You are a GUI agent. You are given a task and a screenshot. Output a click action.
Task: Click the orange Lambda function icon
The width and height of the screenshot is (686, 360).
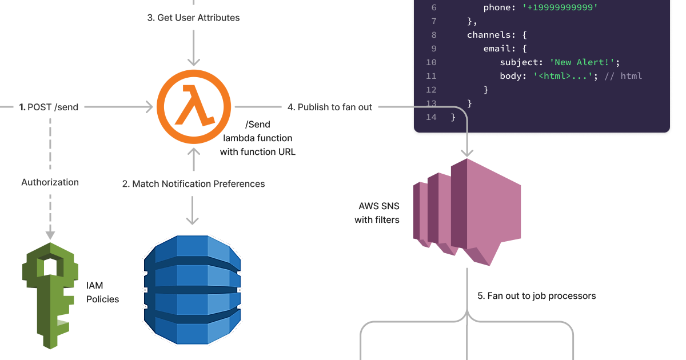click(194, 107)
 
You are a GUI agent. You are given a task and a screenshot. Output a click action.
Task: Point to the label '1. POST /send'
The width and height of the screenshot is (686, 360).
click(49, 107)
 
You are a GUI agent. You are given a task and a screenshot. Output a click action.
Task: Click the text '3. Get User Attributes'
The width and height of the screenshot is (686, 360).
click(193, 18)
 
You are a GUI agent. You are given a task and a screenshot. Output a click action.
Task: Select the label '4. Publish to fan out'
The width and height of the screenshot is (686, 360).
click(330, 107)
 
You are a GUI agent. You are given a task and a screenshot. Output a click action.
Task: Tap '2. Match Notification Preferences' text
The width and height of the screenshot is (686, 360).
click(193, 184)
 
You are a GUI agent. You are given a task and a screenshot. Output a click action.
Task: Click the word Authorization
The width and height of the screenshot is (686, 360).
click(50, 182)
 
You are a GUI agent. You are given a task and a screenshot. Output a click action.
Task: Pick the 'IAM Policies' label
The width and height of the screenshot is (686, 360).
click(102, 292)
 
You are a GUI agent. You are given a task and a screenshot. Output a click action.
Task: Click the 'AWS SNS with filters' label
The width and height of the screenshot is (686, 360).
click(377, 213)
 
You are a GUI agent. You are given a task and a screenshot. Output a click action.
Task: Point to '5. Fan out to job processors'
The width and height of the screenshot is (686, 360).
click(537, 296)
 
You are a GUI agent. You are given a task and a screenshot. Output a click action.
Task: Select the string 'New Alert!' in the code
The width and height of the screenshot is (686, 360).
click(583, 62)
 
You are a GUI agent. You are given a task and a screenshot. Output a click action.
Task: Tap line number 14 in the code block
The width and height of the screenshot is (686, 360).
click(431, 117)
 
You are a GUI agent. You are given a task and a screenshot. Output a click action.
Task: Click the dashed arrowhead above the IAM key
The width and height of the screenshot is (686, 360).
click(50, 234)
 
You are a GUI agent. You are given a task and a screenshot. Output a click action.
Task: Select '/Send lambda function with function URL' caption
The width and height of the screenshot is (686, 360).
click(258, 138)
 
